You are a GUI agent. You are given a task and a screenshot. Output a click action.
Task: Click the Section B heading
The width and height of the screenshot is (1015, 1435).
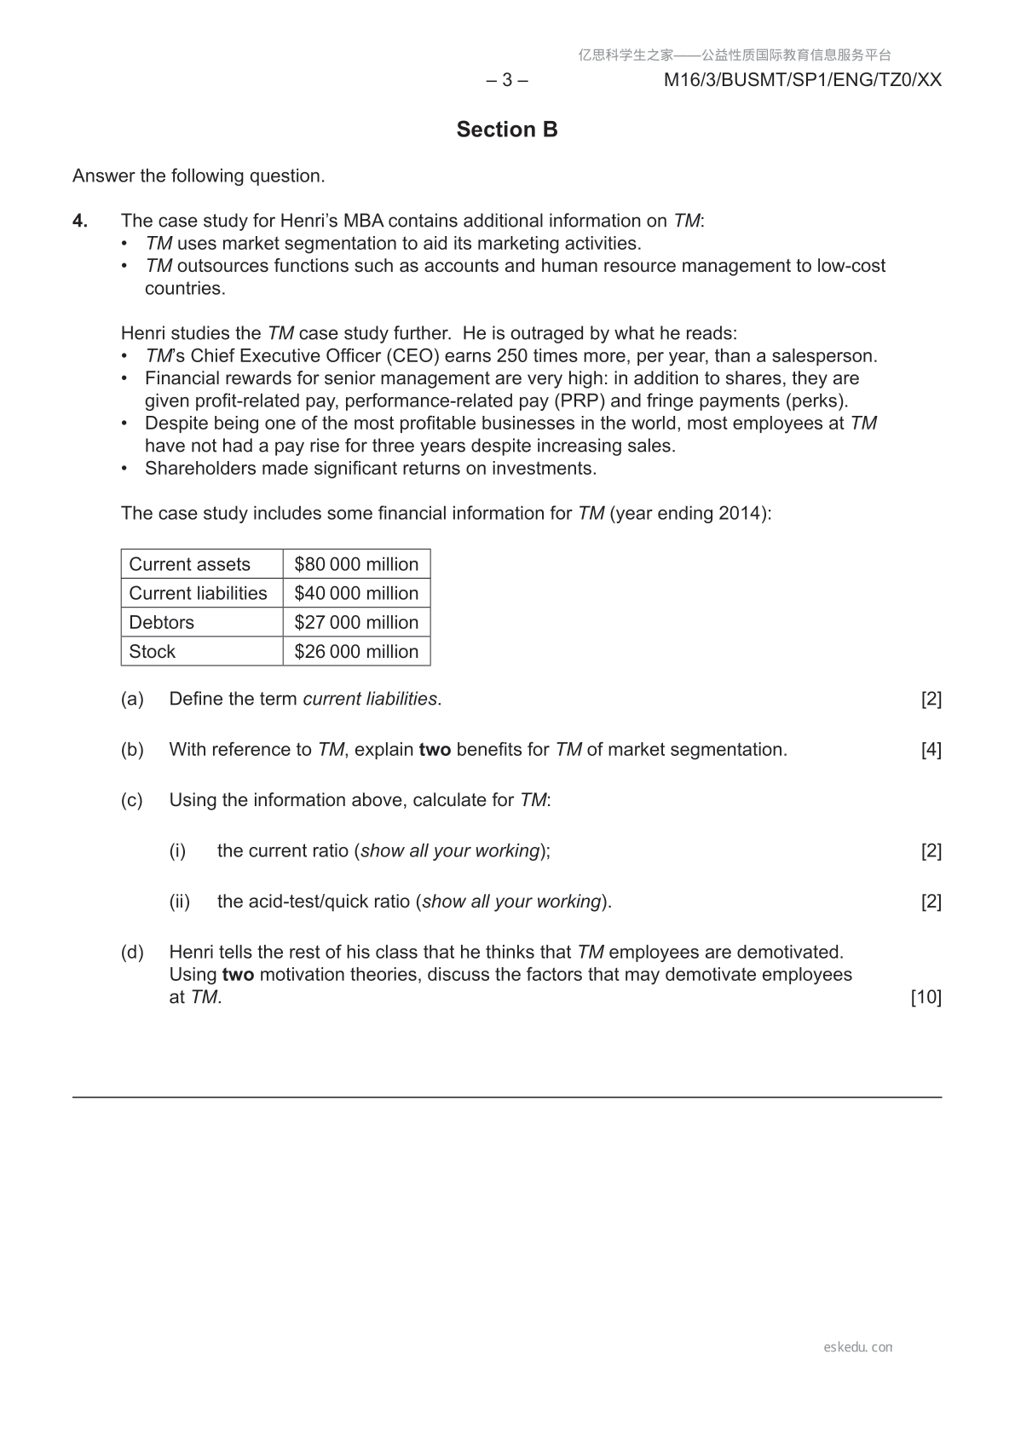click(507, 130)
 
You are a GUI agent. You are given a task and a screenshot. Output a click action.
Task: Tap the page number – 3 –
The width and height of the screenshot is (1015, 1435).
click(507, 80)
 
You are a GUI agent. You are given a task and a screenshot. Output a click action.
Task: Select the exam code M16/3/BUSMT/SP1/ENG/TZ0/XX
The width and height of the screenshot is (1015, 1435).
click(803, 80)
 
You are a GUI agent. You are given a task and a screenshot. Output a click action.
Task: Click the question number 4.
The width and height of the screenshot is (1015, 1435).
click(80, 222)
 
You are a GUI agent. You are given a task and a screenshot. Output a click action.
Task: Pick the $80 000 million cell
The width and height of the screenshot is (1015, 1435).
click(356, 564)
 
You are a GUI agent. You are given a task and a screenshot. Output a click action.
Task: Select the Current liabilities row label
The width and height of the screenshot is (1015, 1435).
click(198, 593)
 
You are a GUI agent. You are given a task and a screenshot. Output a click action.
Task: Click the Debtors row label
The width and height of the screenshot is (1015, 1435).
click(162, 622)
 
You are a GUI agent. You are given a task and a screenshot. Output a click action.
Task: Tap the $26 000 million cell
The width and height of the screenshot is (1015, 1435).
click(356, 651)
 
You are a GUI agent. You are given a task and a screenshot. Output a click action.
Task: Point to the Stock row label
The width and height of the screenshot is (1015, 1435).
click(153, 651)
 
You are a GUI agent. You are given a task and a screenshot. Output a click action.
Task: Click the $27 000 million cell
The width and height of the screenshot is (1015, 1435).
click(356, 622)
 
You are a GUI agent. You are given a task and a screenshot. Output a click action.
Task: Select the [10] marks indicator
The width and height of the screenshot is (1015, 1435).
click(926, 997)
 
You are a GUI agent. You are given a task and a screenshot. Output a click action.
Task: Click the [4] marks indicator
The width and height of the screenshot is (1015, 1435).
click(931, 750)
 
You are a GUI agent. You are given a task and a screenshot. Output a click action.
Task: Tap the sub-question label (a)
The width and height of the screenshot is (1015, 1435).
click(132, 699)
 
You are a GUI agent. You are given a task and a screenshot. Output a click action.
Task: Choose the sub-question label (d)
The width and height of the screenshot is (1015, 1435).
click(132, 952)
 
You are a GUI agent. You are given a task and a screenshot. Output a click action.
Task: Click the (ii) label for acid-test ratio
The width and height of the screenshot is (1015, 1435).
click(179, 902)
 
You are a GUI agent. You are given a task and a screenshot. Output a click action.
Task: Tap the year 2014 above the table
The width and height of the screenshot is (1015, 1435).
click(738, 513)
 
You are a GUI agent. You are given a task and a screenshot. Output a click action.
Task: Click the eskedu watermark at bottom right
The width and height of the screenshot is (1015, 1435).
click(858, 1347)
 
